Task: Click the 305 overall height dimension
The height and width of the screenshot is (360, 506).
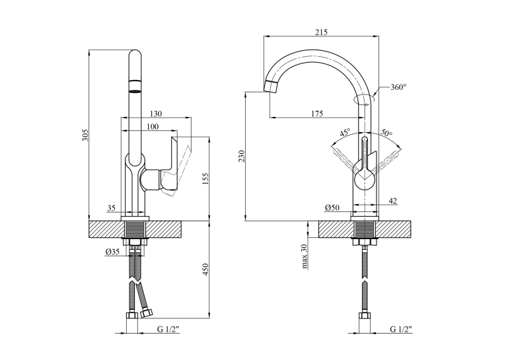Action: [x=85, y=135]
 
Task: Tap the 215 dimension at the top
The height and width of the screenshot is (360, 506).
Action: [x=321, y=32]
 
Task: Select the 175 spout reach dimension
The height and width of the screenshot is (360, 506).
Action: [x=317, y=114]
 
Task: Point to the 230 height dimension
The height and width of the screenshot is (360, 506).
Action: [x=242, y=157]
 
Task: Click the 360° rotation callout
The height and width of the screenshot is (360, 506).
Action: [x=398, y=87]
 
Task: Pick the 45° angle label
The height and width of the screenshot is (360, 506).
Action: [x=345, y=133]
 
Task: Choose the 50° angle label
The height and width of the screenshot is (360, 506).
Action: [x=386, y=132]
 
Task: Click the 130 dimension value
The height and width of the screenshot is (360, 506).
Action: [x=156, y=114]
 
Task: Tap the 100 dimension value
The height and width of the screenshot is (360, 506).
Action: [x=152, y=126]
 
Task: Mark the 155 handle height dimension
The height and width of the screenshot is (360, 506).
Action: [x=206, y=180]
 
